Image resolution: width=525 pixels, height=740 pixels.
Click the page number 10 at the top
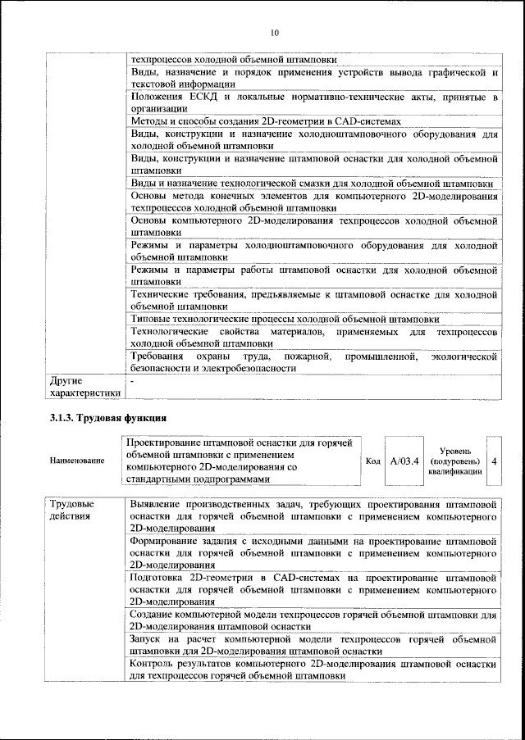pyautogui.click(x=275, y=33)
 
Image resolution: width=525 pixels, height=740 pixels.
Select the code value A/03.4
pyautogui.click(x=404, y=461)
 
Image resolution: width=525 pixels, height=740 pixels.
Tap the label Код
pyautogui.click(x=372, y=461)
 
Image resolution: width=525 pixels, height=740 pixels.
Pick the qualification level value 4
pyautogui.click(x=494, y=461)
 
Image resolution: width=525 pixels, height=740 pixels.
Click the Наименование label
pyautogui.click(x=77, y=461)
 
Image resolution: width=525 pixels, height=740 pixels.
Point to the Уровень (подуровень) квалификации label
pyautogui.click(x=454, y=461)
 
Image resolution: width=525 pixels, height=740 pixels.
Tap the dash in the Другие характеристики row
pyautogui.click(x=133, y=380)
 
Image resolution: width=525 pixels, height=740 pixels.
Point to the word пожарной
pyautogui.click(x=306, y=356)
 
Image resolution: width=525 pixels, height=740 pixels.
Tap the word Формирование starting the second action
pyautogui.click(x=167, y=542)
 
